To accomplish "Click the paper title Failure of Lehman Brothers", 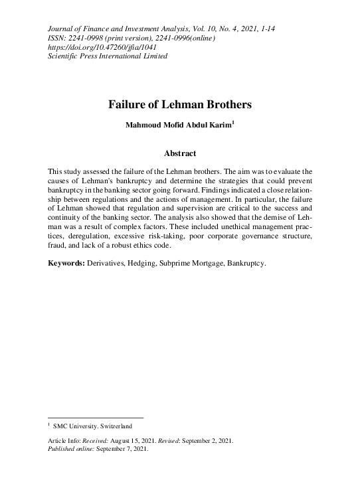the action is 179,105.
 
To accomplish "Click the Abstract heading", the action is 179,154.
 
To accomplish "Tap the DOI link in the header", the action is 103,47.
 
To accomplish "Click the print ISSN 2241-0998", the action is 86,38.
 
